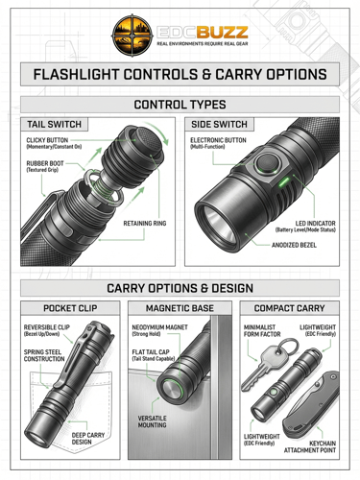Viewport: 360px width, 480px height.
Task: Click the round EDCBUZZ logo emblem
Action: [132, 36]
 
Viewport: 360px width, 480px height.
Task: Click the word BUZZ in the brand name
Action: [222, 33]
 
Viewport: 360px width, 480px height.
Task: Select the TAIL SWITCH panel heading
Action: [54, 124]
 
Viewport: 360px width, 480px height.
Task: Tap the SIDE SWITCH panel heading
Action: [219, 124]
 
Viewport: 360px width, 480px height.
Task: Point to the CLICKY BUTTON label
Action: [47, 140]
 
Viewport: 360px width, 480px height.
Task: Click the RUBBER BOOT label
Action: [45, 163]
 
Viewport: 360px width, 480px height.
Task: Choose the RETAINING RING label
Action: [145, 224]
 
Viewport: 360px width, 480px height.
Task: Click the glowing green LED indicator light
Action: [284, 182]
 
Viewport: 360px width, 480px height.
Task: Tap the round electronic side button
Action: [268, 164]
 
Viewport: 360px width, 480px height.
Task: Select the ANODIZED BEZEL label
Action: [294, 245]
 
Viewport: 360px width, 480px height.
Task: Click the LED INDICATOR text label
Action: [315, 224]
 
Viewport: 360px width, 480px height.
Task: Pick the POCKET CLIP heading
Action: [70, 308]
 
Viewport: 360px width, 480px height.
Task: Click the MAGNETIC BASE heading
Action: [180, 308]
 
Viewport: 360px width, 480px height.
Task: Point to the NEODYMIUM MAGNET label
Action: [159, 327]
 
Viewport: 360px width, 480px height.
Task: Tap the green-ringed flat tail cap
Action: [172, 389]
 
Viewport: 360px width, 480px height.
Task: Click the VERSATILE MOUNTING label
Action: [152, 421]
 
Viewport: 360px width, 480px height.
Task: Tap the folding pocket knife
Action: [310, 406]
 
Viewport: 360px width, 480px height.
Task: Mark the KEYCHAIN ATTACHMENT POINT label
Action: [310, 446]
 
